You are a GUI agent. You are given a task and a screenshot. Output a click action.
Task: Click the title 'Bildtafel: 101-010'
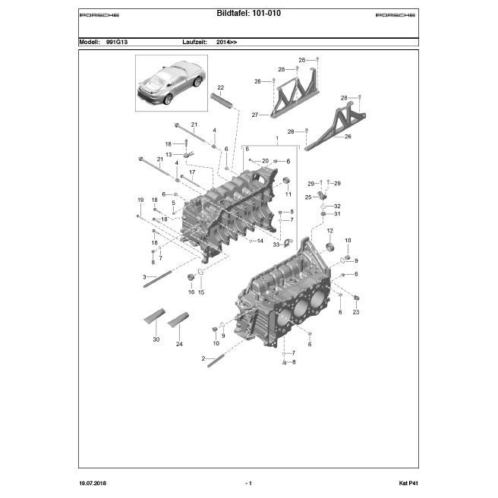point(249,14)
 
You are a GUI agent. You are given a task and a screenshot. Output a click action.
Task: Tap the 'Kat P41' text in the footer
point(408,484)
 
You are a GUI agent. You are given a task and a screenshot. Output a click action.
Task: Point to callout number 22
point(221,88)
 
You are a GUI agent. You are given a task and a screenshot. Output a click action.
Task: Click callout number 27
point(255,115)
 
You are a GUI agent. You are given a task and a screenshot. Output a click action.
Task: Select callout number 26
point(348,137)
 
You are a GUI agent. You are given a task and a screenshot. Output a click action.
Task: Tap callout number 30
point(156,339)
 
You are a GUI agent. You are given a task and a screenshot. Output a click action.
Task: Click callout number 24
point(179,344)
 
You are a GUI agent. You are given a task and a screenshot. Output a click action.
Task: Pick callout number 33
point(276,244)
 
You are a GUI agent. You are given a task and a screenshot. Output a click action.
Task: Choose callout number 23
point(356,311)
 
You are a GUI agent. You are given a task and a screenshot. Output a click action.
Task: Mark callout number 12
point(330,230)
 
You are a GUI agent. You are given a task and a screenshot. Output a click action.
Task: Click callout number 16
point(191,292)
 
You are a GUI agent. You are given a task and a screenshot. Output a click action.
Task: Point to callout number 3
point(143,277)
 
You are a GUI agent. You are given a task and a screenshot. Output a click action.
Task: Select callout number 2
point(203,358)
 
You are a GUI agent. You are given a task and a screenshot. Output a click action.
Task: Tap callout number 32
point(337,206)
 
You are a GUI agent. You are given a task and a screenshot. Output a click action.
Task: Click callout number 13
point(169,154)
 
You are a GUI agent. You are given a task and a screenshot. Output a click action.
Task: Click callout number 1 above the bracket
point(277,140)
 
